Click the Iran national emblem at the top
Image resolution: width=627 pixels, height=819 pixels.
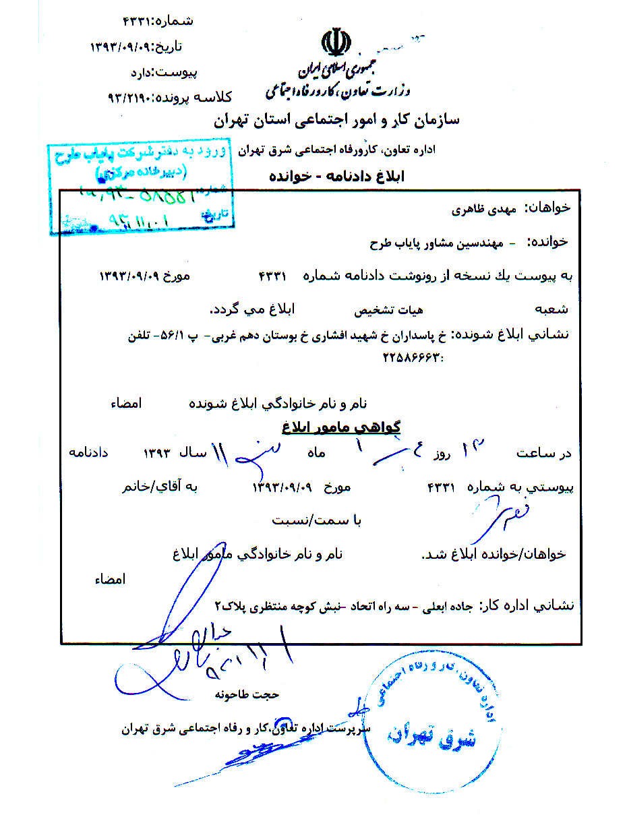(335, 42)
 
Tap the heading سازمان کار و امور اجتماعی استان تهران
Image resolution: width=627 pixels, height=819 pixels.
(336, 121)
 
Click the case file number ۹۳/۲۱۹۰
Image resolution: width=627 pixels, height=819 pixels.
(132, 97)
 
